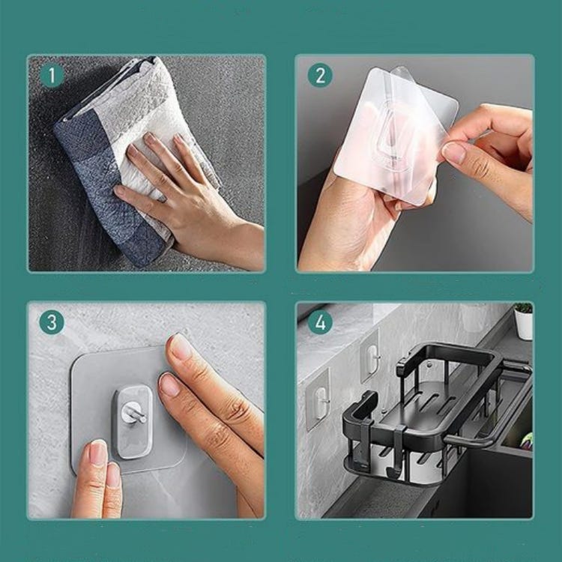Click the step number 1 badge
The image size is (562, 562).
(x=52, y=76)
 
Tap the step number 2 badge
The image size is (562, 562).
(x=320, y=76)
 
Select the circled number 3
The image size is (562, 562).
(x=52, y=323)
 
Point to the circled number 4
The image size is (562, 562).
(x=320, y=323)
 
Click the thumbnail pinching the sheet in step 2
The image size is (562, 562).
(x=454, y=154)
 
